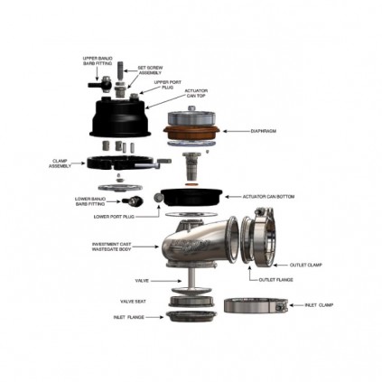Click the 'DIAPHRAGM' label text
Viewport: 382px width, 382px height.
(x=264, y=130)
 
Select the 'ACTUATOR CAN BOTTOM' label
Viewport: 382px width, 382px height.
(x=269, y=195)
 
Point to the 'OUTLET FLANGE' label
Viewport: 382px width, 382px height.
(x=275, y=279)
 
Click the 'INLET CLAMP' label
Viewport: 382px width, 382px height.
(x=319, y=305)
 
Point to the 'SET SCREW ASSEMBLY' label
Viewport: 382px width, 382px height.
(x=149, y=70)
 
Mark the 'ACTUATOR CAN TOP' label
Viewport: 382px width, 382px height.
(x=197, y=93)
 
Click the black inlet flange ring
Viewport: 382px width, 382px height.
(x=183, y=317)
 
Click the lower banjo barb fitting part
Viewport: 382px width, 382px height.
(x=135, y=201)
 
